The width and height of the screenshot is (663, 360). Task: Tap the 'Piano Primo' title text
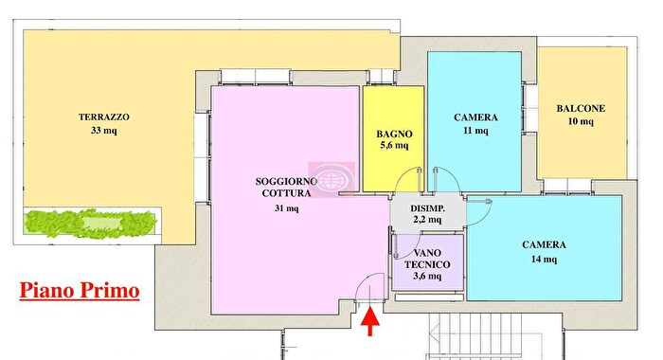click(81, 290)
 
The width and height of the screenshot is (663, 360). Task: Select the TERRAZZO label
click(104, 118)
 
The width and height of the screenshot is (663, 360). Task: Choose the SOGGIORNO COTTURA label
click(281, 188)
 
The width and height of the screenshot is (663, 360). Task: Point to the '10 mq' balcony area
click(581, 122)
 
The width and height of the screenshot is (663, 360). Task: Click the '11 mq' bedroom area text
click(475, 132)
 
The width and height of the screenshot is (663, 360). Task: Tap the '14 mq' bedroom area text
click(545, 259)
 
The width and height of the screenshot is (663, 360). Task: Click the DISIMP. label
click(428, 207)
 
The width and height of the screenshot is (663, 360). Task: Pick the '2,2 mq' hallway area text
click(428, 220)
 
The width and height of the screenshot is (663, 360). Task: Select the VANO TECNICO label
click(428, 259)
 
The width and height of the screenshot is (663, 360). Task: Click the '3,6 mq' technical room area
click(428, 277)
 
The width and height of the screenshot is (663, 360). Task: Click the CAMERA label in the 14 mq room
click(545, 244)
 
